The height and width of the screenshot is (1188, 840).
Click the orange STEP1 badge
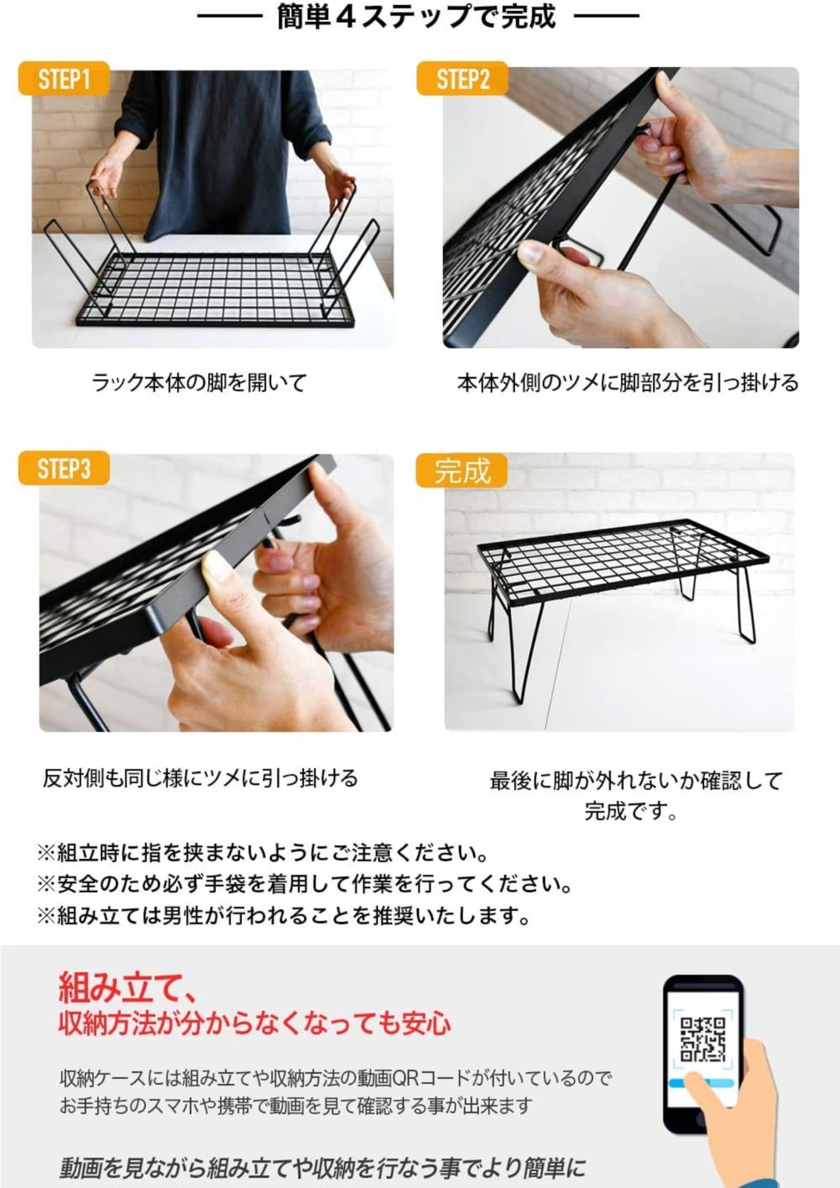pyautogui.click(x=64, y=79)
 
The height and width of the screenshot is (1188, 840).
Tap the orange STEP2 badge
pyautogui.click(x=462, y=79)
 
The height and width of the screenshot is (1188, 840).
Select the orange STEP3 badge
pyautogui.click(x=64, y=468)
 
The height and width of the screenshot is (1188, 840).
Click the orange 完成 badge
pyautogui.click(x=462, y=470)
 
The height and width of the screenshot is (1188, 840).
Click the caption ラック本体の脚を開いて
pyautogui.click(x=200, y=382)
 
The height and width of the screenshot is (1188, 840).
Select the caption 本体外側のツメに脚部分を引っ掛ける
pyautogui.click(x=627, y=382)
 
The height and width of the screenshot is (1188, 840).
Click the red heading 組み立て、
pyautogui.click(x=128, y=986)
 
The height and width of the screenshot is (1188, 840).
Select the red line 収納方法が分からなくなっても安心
pyautogui.click(x=255, y=1023)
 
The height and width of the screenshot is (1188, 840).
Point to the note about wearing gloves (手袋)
pyautogui.click(x=305, y=884)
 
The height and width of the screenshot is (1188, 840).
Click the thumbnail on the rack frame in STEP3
pyautogui.click(x=217, y=567)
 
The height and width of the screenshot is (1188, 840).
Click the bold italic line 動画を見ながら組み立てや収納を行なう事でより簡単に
pyautogui.click(x=322, y=1165)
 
